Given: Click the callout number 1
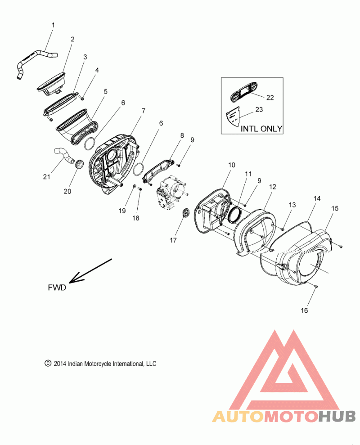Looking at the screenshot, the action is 53,25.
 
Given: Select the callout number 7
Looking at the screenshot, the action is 144,111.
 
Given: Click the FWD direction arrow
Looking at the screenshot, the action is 90,271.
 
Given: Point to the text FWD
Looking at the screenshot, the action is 57,288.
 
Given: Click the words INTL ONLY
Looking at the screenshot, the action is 261,129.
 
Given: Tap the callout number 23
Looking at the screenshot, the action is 259,109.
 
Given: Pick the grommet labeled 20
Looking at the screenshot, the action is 80,164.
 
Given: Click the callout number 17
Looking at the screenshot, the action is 173,240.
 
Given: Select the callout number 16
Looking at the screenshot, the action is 304,310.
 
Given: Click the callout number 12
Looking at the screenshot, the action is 272,187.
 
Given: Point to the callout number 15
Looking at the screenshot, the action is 335,208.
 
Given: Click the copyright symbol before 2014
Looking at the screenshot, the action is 48,364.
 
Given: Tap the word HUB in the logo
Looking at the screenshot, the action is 337,416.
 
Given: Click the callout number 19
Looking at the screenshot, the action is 122,211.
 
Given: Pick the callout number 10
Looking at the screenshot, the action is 232,165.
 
